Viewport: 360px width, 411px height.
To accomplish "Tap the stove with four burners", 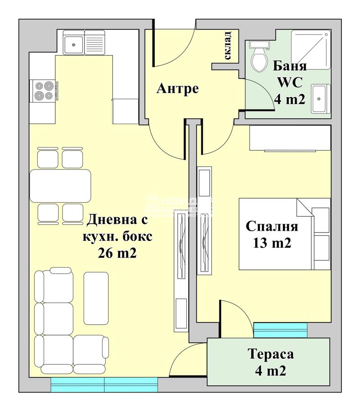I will click(43, 90).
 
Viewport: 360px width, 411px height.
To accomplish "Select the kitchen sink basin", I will click(72, 44).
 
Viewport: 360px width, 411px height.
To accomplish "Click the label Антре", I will click(177, 89).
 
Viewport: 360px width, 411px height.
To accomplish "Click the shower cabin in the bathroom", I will click(310, 49).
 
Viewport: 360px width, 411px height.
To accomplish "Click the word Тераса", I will click(271, 354).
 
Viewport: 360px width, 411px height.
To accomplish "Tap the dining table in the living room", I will click(60, 186).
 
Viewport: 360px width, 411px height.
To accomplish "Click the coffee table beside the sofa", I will click(96, 298).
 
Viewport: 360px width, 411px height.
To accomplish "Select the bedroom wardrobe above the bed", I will click(290, 138).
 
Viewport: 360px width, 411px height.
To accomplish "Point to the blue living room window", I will click(104, 384).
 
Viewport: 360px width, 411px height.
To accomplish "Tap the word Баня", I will click(290, 67).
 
